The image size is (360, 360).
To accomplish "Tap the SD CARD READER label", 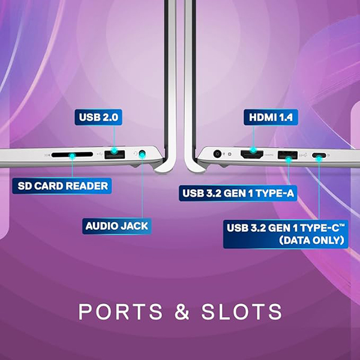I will (62, 185).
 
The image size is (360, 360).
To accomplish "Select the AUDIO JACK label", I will (116, 226).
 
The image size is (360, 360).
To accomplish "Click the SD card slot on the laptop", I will (72, 155).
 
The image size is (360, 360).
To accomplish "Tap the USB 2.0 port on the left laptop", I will (113, 155).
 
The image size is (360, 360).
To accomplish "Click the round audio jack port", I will (142, 155).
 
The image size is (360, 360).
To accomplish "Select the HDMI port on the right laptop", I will (253, 155).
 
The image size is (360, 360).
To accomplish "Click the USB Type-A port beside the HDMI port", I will (289, 155).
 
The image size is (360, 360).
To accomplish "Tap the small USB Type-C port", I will (319, 156).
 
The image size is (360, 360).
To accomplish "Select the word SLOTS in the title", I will (245, 312).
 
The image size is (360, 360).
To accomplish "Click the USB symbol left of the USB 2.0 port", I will (98, 155).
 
